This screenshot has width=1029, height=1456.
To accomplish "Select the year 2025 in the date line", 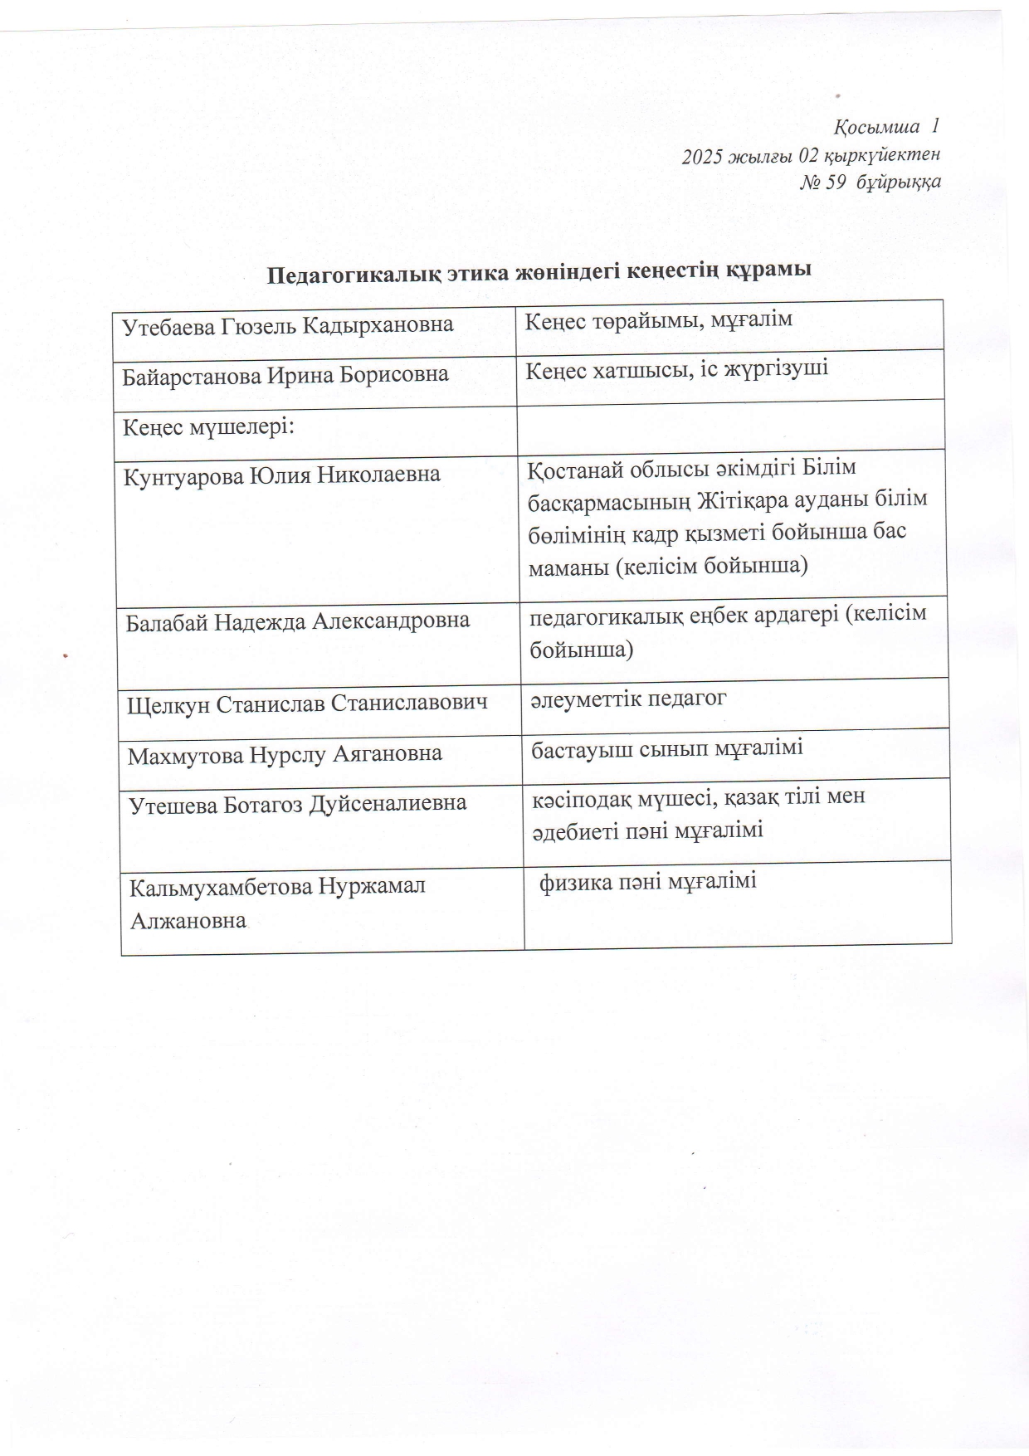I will pos(700,155).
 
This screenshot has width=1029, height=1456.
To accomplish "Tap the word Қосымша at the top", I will pos(877,127).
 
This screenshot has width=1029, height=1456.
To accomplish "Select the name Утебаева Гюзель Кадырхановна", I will pos(288,325).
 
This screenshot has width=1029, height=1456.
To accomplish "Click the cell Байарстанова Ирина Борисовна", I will pos(285,375).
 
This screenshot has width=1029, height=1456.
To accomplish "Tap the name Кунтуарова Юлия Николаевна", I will pos(282,477).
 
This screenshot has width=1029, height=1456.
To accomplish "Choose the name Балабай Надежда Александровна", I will pos(298,621).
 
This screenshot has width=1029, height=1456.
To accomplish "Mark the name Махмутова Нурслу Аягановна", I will pos(285,755).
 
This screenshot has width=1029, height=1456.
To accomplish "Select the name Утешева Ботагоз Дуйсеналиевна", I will pos(298,804).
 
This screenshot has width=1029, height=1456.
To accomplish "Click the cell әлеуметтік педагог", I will pos(628,699).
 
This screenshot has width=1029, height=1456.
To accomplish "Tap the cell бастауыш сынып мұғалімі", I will pos(667,749).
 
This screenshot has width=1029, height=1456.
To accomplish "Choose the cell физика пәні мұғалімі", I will pos(648,882).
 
